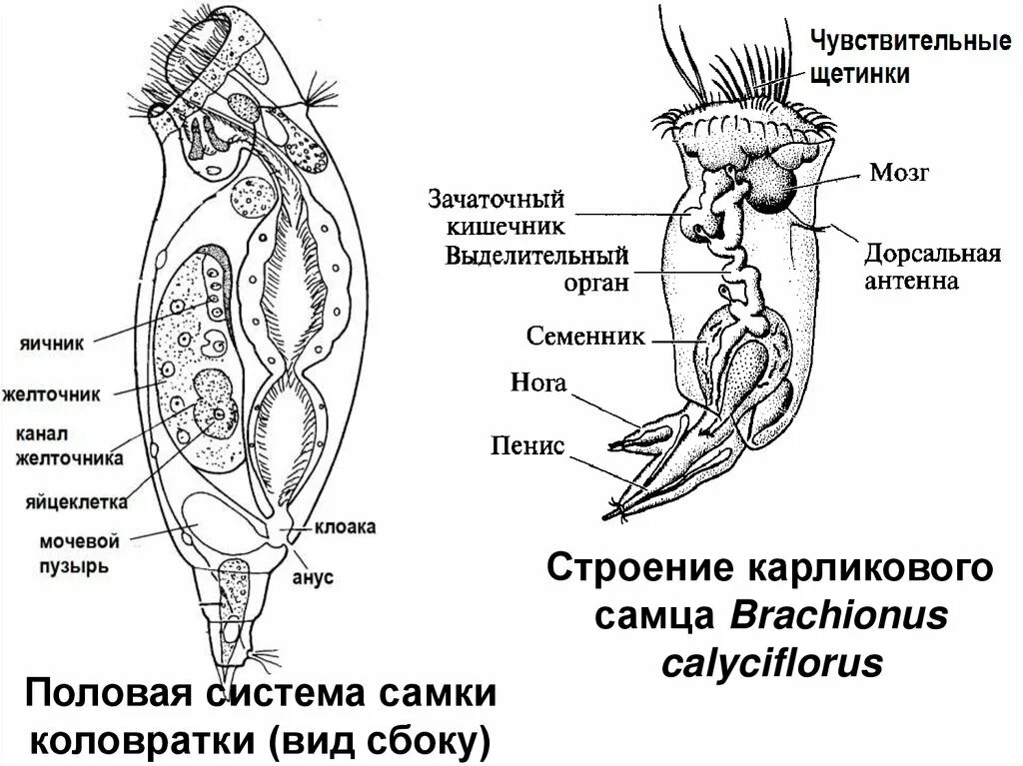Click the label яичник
[51, 342]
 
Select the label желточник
[51, 394]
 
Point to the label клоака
[346, 527]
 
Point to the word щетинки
[859, 74]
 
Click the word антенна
[911, 281]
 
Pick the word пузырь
[74, 565]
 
